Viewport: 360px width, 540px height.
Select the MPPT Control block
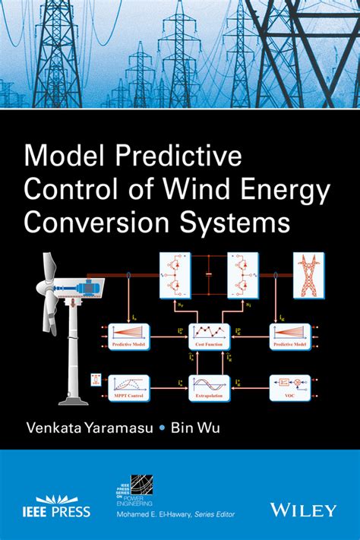click(131, 387)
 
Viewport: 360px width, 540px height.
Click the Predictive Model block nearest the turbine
click(131, 334)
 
